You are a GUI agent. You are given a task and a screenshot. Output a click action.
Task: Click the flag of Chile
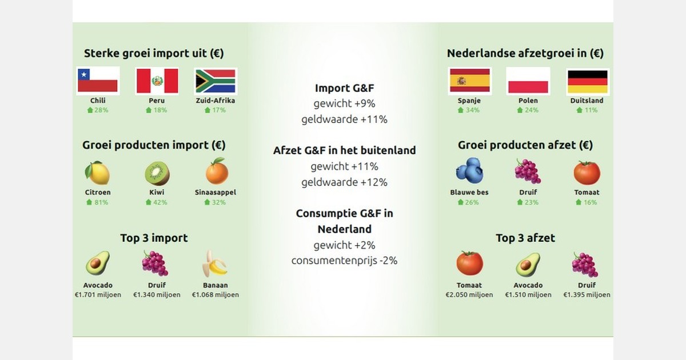click(98, 81)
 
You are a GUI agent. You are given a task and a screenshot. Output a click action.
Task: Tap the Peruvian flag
click(157, 81)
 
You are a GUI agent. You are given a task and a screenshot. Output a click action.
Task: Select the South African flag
click(216, 81)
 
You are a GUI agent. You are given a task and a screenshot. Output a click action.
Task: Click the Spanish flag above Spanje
click(469, 81)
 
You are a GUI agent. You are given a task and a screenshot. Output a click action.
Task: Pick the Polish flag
click(528, 81)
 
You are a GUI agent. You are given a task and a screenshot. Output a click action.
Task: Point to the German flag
click(587, 81)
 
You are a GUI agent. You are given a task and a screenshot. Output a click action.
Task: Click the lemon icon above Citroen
click(98, 173)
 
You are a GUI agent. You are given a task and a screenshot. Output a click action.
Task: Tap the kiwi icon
click(157, 173)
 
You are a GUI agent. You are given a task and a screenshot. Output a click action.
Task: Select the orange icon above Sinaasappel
click(216, 173)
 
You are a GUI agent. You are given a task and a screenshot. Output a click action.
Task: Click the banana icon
click(215, 263)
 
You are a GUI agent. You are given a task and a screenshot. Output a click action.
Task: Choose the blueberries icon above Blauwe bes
click(469, 171)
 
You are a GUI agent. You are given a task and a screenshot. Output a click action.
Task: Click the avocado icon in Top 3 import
click(98, 263)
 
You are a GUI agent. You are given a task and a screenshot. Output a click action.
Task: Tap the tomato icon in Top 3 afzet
click(469, 263)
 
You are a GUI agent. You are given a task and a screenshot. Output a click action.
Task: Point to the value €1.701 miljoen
click(98, 295)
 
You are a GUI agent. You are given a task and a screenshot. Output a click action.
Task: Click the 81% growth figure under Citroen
click(98, 202)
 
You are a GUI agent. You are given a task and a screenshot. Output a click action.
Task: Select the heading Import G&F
click(344, 88)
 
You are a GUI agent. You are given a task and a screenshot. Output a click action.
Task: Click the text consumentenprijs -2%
click(344, 261)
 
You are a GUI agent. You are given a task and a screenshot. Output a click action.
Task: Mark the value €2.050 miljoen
click(469, 295)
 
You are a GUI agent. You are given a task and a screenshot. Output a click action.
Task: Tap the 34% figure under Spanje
click(469, 110)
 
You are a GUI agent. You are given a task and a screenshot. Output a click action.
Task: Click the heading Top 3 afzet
click(525, 238)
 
